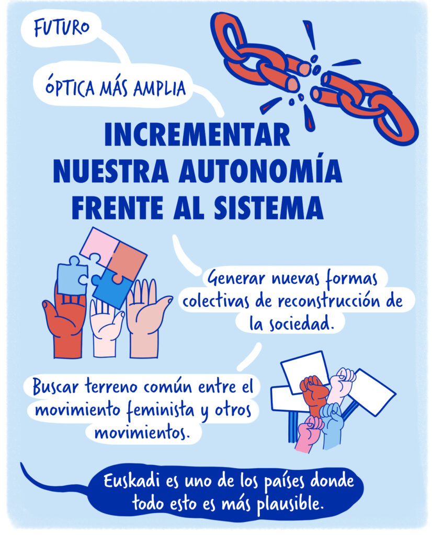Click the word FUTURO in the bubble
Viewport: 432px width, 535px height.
pyautogui.click(x=62, y=28)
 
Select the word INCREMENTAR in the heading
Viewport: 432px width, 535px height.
pyautogui.click(x=197, y=134)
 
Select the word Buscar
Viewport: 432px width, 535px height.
pyautogui.click(x=55, y=387)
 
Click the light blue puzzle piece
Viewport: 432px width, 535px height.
pyautogui.click(x=72, y=275)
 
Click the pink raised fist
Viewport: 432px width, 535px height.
pyautogui.click(x=310, y=433)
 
